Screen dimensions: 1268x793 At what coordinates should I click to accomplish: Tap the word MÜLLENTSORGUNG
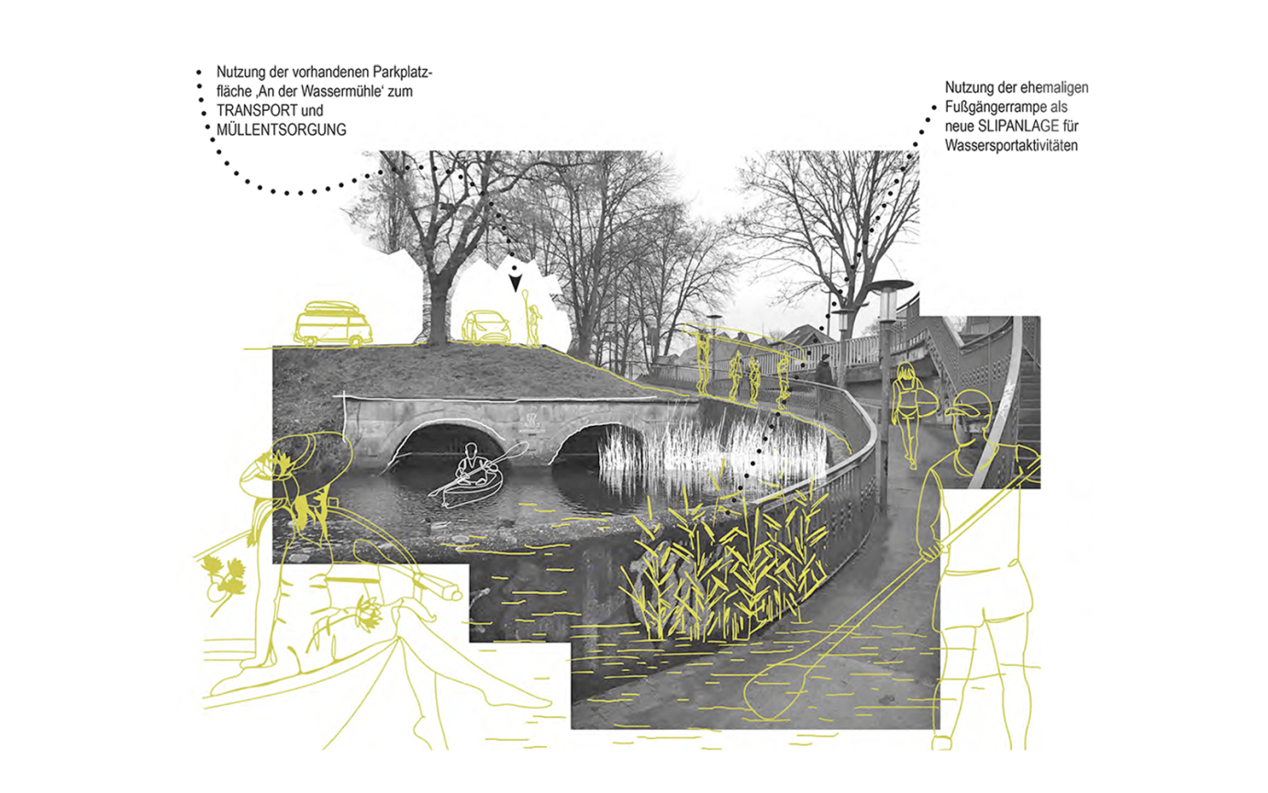282,129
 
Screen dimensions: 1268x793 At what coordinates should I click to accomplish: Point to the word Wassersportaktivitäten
1011,146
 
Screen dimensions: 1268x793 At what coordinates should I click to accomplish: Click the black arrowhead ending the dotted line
515,283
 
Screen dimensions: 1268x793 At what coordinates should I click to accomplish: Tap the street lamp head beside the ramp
890,285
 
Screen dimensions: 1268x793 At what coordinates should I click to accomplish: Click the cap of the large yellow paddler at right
970,404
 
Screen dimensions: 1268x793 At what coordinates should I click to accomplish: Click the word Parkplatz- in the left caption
403,73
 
